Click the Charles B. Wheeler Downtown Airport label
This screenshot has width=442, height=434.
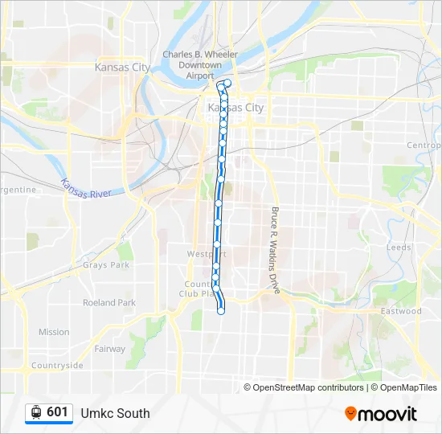tap(200, 65)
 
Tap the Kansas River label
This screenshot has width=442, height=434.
tap(91, 190)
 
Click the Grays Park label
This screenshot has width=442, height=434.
tap(105, 265)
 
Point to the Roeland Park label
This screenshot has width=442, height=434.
tap(109, 303)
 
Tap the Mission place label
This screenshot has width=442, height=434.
tap(54, 332)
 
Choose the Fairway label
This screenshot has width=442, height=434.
tap(110, 350)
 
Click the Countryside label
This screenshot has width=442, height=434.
tap(57, 366)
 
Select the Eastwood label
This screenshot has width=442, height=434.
tap(401, 311)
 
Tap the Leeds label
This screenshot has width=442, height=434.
tap(399, 248)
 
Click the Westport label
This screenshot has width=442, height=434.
tap(201, 254)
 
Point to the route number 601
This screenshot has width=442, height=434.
tap(57, 412)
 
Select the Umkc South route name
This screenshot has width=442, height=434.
tap(115, 413)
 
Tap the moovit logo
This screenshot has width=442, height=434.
tap(381, 414)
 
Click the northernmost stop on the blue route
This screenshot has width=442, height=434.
tap(228, 83)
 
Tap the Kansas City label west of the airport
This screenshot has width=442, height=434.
tap(122, 68)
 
